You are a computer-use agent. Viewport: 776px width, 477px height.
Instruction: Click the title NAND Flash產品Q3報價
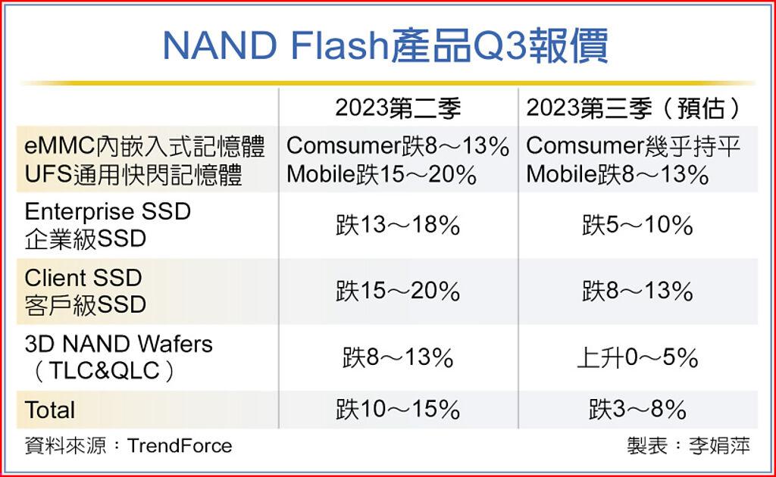point(386,46)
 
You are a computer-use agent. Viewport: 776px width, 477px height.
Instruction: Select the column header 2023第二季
point(398,108)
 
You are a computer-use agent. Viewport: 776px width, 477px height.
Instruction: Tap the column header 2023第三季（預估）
point(634,108)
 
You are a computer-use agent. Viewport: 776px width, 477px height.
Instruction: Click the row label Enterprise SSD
point(108,211)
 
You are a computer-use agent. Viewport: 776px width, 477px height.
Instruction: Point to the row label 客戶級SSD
point(85,304)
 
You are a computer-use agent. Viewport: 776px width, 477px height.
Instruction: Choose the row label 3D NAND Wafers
point(118,344)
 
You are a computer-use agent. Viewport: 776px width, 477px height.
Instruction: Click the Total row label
point(50,410)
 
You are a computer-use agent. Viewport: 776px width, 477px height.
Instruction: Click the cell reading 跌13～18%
point(398,226)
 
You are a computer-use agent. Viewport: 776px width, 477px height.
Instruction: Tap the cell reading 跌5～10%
point(637,226)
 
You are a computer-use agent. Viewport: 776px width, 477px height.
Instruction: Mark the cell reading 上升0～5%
point(637,358)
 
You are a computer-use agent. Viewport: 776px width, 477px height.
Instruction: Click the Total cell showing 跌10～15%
point(398,410)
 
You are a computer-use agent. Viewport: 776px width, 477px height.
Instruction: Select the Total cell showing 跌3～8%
point(637,410)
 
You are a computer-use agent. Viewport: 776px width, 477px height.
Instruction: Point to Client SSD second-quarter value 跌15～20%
point(398,291)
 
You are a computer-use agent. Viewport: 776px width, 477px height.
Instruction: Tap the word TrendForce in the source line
point(180,445)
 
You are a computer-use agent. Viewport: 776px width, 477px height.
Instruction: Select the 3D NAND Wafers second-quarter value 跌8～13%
point(398,358)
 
